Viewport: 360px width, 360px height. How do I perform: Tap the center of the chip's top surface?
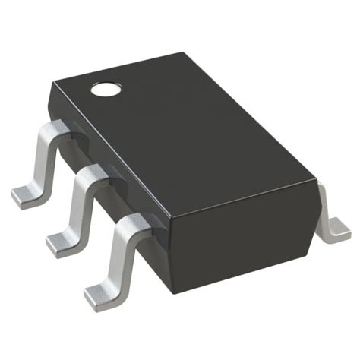[190, 133]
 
